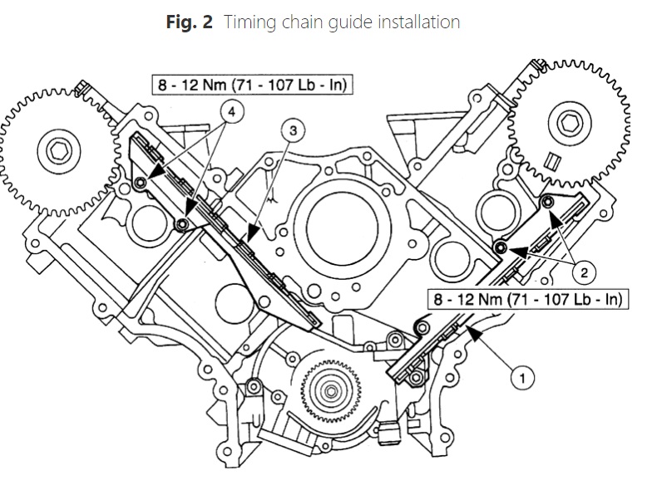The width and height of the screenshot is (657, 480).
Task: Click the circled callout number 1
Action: pyautogui.click(x=522, y=378)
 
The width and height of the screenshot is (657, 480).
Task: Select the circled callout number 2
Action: pyautogui.click(x=584, y=273)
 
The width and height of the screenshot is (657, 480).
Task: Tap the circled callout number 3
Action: pyautogui.click(x=293, y=130)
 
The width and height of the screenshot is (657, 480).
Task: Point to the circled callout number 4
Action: pyautogui.click(x=232, y=112)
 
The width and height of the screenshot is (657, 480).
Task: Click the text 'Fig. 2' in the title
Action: pyautogui.click(x=190, y=22)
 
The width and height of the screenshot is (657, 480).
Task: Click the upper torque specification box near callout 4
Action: pyautogui.click(x=252, y=85)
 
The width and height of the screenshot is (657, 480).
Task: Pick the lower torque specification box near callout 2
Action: pyautogui.click(x=528, y=299)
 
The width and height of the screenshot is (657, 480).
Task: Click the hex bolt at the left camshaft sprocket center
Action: pyautogui.click(x=59, y=150)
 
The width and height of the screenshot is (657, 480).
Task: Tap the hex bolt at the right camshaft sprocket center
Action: pyautogui.click(x=570, y=123)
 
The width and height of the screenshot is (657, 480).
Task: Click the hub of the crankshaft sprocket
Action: pyautogui.click(x=331, y=392)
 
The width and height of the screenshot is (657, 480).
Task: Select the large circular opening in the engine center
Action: pyautogui.click(x=342, y=229)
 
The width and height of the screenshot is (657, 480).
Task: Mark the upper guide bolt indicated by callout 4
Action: pyautogui.click(x=141, y=182)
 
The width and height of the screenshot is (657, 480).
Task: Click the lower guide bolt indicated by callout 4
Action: pyautogui.click(x=182, y=225)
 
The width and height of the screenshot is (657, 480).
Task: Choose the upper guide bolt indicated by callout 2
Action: pyautogui.click(x=547, y=203)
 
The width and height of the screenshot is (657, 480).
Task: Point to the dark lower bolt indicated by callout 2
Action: pyautogui.click(x=501, y=247)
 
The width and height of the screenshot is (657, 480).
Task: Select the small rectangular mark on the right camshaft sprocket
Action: pyautogui.click(x=554, y=162)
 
